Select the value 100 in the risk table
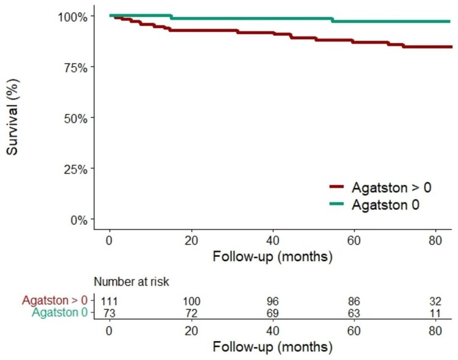point(191,301)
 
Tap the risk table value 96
point(273,301)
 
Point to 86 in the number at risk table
point(355,301)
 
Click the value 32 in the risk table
point(437,301)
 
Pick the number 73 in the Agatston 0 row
point(109,313)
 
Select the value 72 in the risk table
point(191,313)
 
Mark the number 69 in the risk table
point(273,313)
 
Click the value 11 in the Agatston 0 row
point(437,313)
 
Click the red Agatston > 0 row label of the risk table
point(55,301)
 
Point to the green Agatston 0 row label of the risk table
point(59,313)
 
